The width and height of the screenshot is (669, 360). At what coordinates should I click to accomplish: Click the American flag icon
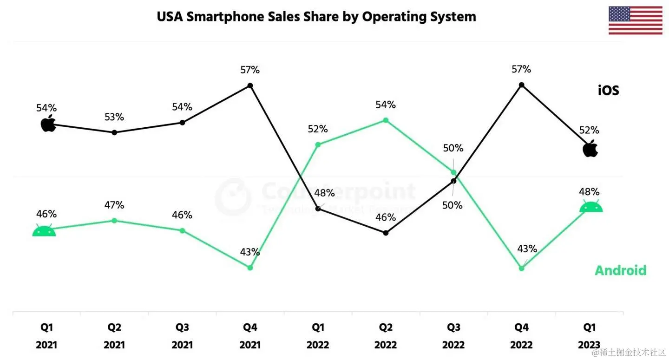coord(636,21)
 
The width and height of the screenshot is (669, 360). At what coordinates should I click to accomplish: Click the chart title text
coord(316,17)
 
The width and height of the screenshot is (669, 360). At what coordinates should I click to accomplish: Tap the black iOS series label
coord(608,90)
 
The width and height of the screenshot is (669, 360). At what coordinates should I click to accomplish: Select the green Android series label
coord(620,270)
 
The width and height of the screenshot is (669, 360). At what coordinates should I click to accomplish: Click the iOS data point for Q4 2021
coord(250,85)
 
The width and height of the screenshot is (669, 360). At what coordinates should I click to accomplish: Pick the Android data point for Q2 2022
coord(386,120)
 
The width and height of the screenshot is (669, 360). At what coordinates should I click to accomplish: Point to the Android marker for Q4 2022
coord(521,268)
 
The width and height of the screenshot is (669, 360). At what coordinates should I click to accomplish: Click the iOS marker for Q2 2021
coord(114,132)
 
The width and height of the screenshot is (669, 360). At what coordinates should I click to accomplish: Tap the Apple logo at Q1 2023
coord(590,149)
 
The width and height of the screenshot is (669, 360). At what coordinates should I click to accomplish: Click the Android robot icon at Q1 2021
coord(44,230)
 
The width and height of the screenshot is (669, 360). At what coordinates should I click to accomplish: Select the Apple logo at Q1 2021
coord(48,124)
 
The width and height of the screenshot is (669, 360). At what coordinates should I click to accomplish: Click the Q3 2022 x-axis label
coord(453,336)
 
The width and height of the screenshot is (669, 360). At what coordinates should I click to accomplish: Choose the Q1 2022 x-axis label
coord(318,336)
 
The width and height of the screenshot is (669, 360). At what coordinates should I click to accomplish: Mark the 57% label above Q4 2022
coord(521,70)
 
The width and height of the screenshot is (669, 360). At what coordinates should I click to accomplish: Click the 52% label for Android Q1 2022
coord(318,129)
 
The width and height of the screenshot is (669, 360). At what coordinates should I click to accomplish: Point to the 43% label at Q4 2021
coord(250,252)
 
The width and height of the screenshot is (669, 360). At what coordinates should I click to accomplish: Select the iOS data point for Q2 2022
coord(386,233)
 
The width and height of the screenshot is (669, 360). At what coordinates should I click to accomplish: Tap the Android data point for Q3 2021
coord(182,230)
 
